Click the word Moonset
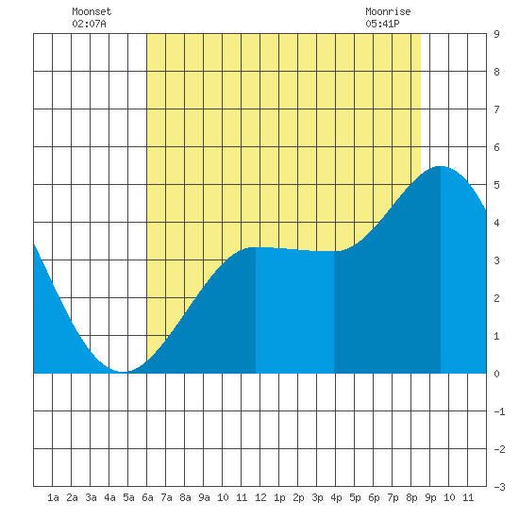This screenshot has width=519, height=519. point(92,11)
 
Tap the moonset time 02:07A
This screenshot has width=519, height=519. point(89,24)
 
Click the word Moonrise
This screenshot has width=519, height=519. point(388,11)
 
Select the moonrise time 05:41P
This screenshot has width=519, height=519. point(382,24)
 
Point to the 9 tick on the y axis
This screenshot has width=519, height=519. point(496,34)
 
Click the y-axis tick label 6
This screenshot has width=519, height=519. point(496,147)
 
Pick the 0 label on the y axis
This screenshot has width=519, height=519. point(496,374)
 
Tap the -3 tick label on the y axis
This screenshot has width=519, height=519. point(499,487)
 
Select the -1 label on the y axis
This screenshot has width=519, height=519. point(499,411)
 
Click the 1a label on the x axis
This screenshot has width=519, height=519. point(53,497)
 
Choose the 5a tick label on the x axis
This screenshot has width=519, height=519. point(128,497)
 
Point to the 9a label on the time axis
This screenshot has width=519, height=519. point(204,497)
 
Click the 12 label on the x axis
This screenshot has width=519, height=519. point(260,497)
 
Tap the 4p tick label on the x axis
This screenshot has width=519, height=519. point(336,497)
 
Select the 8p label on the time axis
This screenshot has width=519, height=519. point(411,497)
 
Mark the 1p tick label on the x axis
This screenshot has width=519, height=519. point(279,497)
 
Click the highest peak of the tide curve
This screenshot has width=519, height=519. point(441,166)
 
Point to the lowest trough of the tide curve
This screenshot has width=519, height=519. point(123,372)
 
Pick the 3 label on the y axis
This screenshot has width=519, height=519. point(496,260)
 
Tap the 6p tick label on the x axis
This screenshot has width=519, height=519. point(374,497)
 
